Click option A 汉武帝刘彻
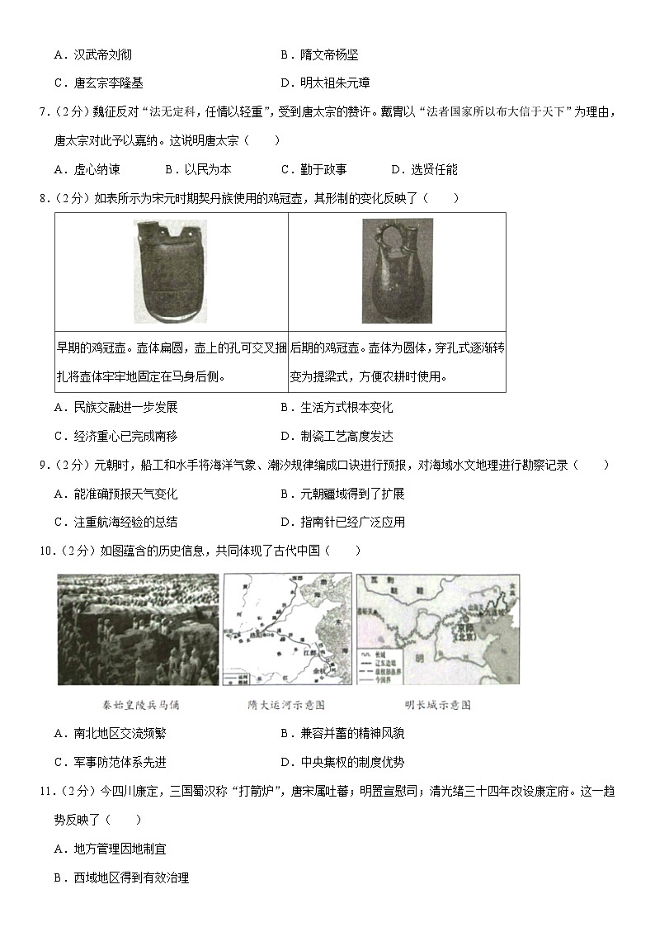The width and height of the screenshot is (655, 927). click(92, 55)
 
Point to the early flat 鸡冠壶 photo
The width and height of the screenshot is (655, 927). click(171, 271)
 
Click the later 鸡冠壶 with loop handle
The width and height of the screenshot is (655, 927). click(396, 271)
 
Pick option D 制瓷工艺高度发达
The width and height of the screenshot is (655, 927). click(337, 436)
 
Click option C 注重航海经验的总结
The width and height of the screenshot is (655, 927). click(115, 522)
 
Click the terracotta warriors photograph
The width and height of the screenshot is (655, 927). click(138, 629)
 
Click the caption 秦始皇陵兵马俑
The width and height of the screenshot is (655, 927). click(138, 705)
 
